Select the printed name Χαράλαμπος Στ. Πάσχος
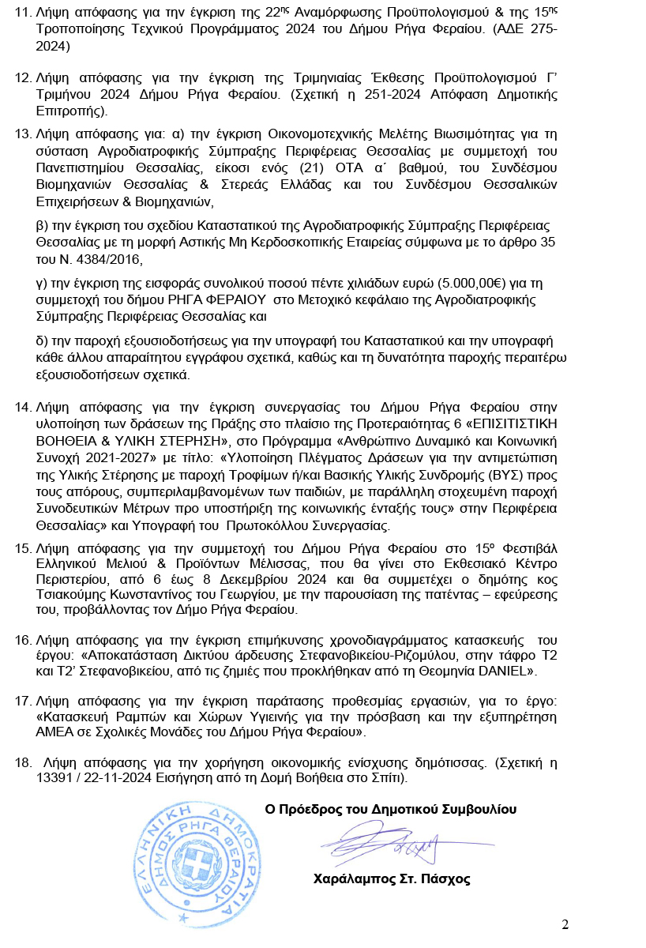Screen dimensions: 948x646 point(392,878)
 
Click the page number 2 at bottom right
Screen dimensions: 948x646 point(565,924)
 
